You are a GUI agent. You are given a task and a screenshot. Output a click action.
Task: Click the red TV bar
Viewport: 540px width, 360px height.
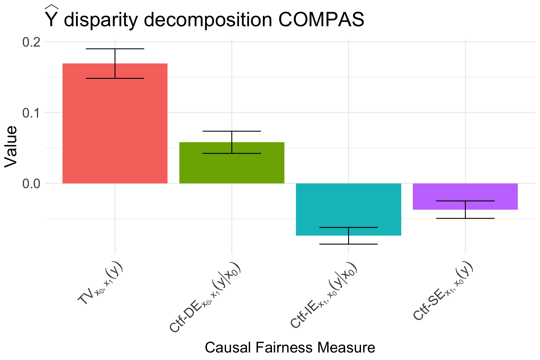115,131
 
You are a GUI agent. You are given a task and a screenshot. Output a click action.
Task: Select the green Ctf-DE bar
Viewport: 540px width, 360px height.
232,166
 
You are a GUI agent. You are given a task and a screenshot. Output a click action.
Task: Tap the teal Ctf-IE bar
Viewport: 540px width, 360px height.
348,206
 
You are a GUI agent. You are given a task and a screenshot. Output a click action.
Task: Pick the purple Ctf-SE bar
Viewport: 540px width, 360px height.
465,192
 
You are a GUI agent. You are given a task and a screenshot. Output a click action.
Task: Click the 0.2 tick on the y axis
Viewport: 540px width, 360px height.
31,42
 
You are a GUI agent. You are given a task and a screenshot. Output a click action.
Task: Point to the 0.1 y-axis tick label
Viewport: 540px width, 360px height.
31,112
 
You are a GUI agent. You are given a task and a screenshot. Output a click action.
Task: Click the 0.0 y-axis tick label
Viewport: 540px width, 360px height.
31,183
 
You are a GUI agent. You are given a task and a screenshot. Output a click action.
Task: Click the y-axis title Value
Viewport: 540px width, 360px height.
11,147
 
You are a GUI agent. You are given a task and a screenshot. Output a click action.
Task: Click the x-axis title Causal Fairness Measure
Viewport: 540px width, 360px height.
290,347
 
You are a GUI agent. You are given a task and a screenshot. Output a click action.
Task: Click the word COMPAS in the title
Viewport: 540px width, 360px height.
321,20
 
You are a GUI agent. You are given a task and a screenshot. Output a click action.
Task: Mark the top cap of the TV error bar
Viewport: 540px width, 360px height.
115,49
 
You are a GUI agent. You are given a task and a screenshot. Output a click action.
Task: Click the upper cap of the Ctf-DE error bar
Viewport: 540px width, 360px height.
232,131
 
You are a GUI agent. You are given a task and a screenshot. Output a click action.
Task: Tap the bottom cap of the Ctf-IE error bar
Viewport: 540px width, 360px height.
348,244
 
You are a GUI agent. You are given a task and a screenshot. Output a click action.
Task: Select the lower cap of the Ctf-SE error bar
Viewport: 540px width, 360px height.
465,218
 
